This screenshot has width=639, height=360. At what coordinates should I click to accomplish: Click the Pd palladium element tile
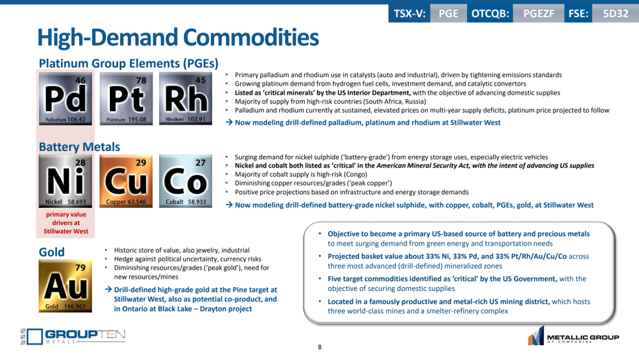click(x=66, y=98)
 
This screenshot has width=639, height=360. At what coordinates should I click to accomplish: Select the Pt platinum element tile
click(x=127, y=98)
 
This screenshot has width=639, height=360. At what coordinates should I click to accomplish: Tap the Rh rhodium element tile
click(x=185, y=98)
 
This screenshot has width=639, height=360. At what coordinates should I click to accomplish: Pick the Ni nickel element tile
click(x=66, y=181)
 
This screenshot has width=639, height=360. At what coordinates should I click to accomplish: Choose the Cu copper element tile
click(x=127, y=181)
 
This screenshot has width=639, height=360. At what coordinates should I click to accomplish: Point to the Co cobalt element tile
click(x=185, y=181)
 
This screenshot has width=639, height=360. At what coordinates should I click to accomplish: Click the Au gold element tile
click(x=65, y=286)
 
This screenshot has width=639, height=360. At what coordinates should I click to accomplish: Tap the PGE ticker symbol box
click(x=449, y=13)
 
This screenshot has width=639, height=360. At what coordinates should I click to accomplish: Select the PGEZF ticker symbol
click(x=539, y=13)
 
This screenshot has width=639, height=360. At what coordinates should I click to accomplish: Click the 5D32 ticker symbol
click(x=615, y=13)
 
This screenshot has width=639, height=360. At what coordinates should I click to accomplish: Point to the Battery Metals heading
click(x=79, y=147)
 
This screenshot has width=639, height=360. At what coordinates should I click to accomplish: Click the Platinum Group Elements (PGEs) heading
click(x=129, y=63)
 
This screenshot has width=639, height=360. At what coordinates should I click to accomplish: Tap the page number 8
click(x=319, y=347)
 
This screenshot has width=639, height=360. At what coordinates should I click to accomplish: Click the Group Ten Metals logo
click(x=73, y=336)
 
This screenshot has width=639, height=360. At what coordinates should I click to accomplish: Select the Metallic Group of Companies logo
click(x=573, y=336)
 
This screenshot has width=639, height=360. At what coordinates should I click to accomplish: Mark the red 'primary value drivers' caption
click(x=66, y=223)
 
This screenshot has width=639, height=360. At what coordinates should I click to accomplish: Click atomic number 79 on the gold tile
click(x=81, y=267)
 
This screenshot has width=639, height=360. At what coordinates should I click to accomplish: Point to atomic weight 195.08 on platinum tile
click(x=137, y=120)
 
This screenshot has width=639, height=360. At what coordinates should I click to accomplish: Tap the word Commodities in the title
click(x=251, y=38)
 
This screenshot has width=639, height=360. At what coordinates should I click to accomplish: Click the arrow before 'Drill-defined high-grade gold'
click(x=109, y=290)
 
